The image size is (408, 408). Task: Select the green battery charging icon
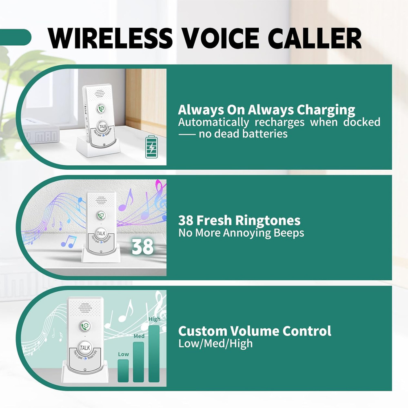151,147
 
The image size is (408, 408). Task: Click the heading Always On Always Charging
266,110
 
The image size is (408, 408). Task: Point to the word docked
361,122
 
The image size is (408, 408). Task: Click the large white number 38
142,246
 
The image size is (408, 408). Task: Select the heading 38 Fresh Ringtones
239,221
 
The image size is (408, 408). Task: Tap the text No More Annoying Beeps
241,233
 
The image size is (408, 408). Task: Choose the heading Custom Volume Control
255,331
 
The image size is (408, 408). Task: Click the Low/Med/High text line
215,343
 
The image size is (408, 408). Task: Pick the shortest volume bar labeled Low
123,370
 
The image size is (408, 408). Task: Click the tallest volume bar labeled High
154,353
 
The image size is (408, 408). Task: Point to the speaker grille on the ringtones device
100,200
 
